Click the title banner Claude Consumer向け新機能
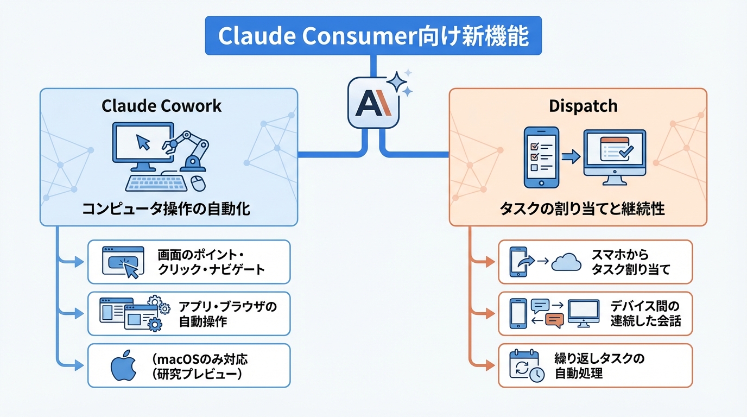click(x=373, y=36)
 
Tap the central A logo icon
click(x=373, y=103)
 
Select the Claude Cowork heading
click(x=162, y=105)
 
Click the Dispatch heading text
click(x=583, y=105)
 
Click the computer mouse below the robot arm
click(x=198, y=183)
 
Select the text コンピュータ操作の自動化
click(x=166, y=208)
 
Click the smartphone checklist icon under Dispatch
click(x=540, y=157)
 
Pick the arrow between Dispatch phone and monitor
click(x=571, y=157)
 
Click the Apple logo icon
click(x=122, y=367)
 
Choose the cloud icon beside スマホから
click(x=566, y=263)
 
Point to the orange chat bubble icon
click(x=554, y=321)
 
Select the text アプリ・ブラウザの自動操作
click(x=228, y=314)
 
